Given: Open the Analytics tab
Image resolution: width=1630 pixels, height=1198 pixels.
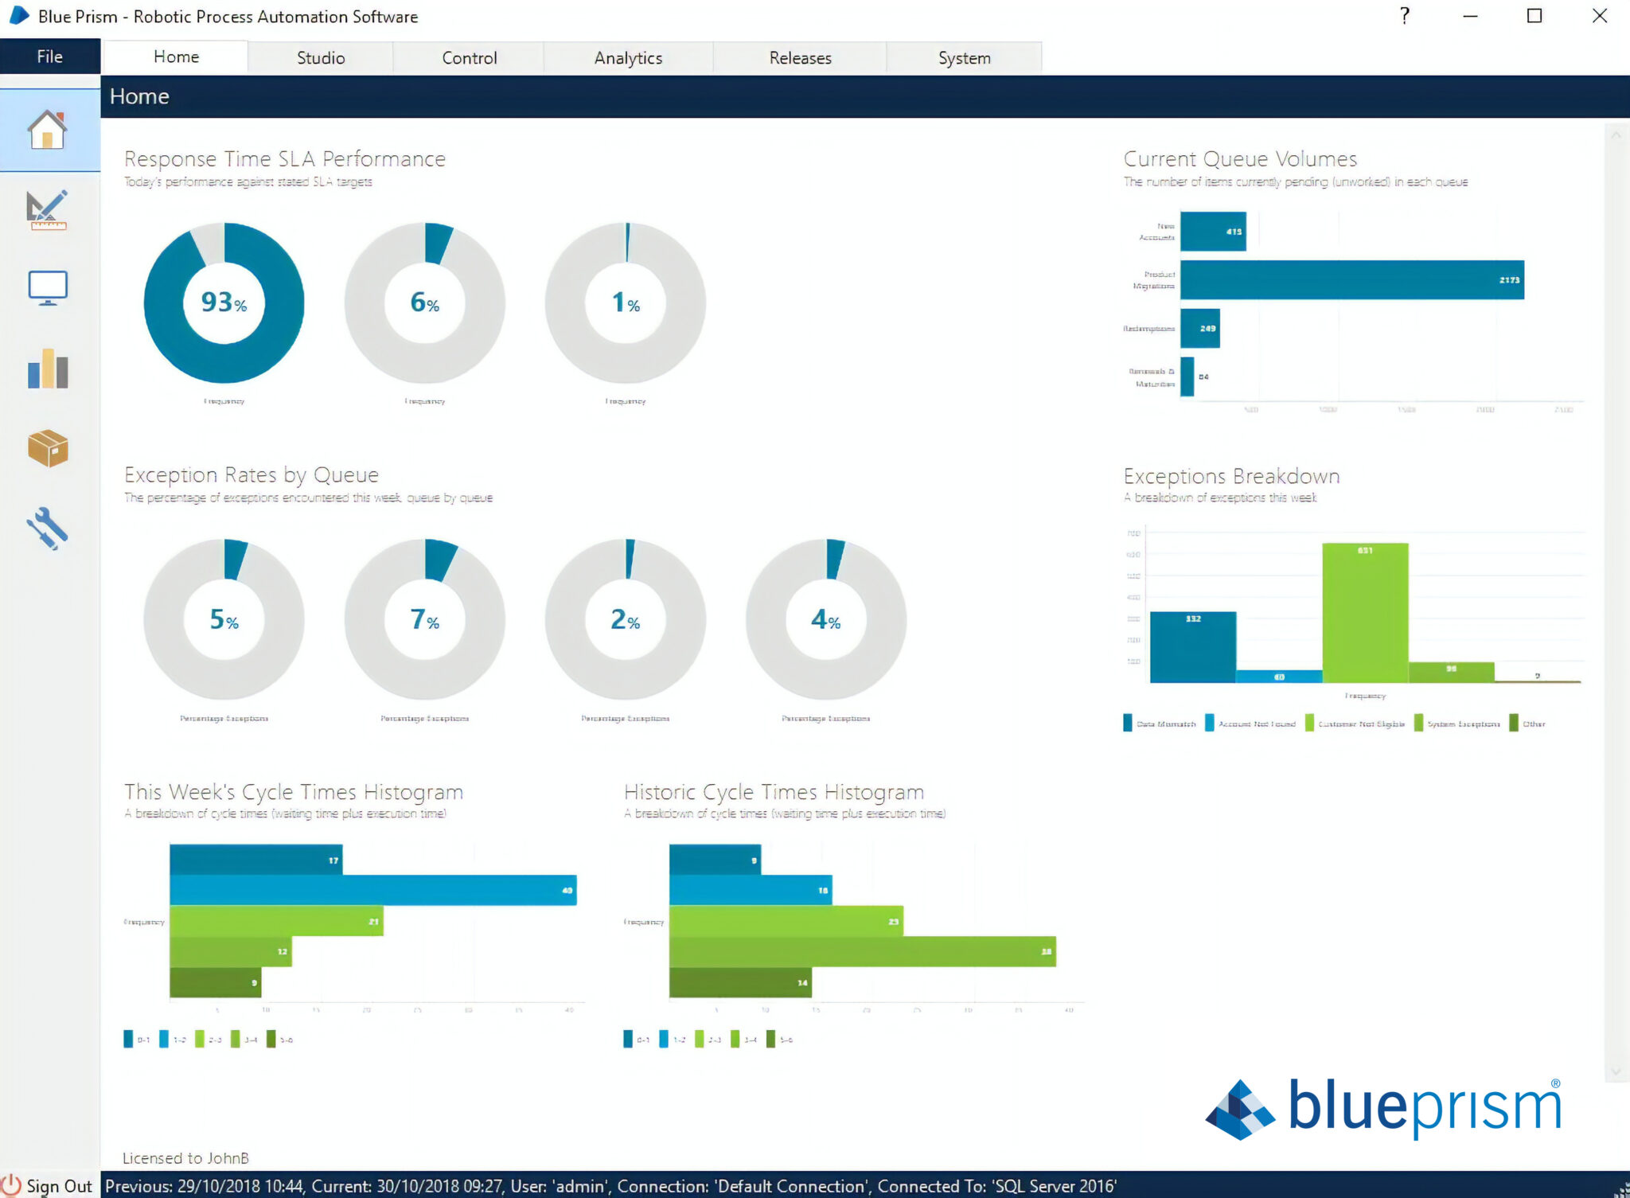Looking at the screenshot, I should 628,58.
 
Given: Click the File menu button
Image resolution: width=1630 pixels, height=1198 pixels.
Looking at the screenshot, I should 49,57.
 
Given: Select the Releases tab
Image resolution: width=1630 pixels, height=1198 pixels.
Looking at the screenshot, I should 800,58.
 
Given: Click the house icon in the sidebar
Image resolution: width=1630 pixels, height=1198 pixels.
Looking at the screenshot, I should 48,131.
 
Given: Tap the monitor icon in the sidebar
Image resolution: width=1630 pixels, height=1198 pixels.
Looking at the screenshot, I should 48,288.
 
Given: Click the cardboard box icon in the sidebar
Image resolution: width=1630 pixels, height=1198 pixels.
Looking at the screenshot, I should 48,448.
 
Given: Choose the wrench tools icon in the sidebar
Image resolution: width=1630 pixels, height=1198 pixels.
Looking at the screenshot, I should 48,529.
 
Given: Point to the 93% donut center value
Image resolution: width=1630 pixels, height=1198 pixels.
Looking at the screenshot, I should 224,302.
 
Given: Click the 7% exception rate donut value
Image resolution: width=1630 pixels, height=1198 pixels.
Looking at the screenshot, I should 424,619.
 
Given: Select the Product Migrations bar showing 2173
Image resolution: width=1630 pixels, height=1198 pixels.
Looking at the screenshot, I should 1351,280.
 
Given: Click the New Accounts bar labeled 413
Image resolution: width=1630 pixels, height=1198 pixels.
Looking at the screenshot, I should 1212,232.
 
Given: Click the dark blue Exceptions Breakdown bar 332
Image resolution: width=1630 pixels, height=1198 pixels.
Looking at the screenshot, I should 1192,646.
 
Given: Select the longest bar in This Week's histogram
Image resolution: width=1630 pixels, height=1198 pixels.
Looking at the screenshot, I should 372,890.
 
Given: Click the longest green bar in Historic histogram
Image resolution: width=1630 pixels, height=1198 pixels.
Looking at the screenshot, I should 862,951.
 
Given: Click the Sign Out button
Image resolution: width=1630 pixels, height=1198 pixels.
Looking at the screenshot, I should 49,1185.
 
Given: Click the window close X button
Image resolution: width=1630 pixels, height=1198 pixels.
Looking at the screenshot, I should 1599,16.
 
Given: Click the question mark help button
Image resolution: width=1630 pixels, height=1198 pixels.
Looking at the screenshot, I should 1405,16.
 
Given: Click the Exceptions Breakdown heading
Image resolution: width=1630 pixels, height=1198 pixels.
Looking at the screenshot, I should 1231,476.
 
